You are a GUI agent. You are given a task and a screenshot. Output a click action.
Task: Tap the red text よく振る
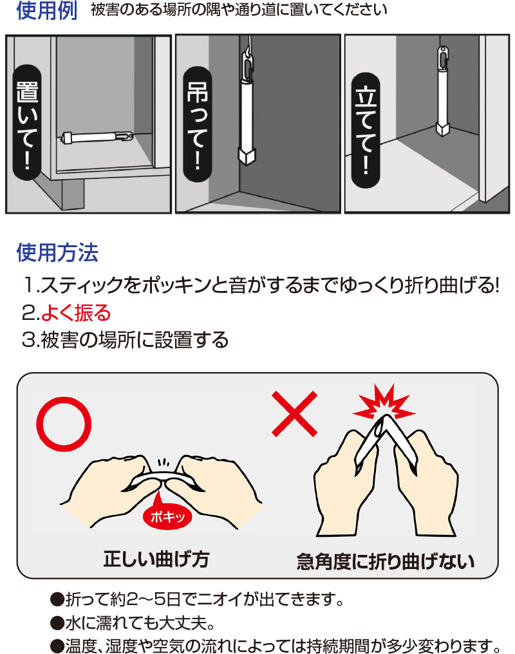coord(76,313)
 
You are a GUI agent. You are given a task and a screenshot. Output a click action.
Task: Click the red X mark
coord(295,413)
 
